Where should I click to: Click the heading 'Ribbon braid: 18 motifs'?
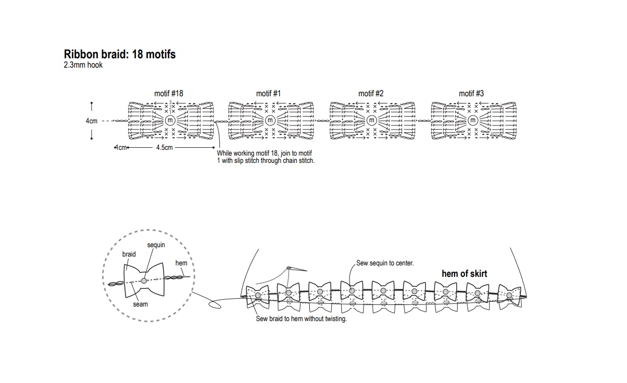pos(119,54)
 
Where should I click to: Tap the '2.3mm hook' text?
pos(83,66)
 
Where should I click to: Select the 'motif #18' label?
pos(169,94)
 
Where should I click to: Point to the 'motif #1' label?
pos(268,94)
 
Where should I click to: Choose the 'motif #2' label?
pos(371,94)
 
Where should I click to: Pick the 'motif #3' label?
pos(471,94)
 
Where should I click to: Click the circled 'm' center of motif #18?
pos(169,121)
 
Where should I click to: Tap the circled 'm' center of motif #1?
pos(270,121)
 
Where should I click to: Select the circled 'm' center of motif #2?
pos(371,121)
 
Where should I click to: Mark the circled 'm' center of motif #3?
pos(473,121)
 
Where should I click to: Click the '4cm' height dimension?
pos(92,121)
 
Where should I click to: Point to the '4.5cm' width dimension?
pos(164,148)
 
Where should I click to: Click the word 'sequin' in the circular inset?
pos(156,245)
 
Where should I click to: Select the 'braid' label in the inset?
pos(129,254)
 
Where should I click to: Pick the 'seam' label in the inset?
pos(141,304)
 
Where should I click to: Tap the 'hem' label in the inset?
pos(181,263)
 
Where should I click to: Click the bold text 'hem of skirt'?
pos(465,274)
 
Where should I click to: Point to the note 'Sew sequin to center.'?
pos(385,263)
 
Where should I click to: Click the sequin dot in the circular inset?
pos(144,281)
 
